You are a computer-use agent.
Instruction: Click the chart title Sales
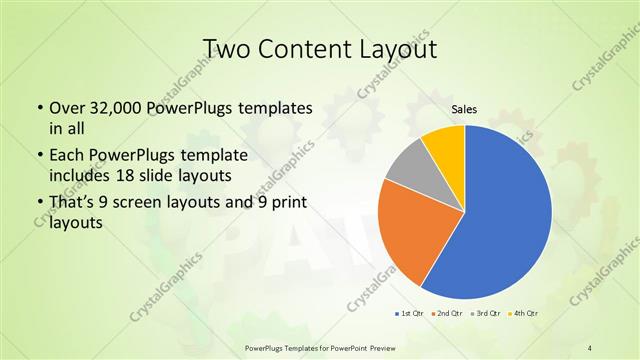pyautogui.click(x=464, y=109)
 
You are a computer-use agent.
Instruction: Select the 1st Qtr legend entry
pyautogui.click(x=409, y=314)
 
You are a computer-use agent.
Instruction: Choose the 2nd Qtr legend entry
pyautogui.click(x=447, y=314)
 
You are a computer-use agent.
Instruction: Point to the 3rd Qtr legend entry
pyautogui.click(x=485, y=314)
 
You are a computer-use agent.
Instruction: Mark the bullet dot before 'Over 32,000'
pyautogui.click(x=39, y=109)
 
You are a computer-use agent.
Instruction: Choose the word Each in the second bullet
pyautogui.click(x=66, y=157)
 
